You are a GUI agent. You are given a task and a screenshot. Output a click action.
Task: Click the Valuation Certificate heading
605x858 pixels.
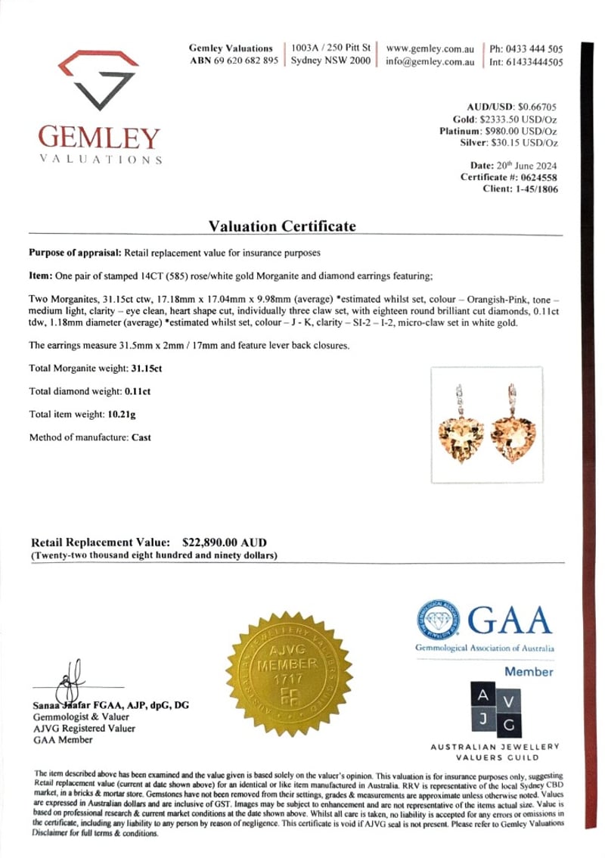tap(282, 226)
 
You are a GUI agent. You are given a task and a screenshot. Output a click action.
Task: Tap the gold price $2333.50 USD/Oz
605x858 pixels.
tap(519, 119)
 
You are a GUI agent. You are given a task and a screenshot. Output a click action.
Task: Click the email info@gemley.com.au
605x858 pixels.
tap(430, 62)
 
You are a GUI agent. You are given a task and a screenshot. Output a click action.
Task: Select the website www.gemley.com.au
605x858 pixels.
tap(430, 48)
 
